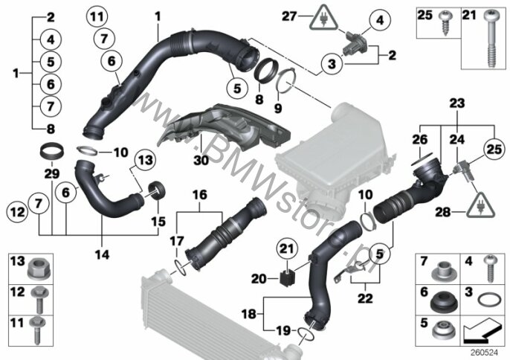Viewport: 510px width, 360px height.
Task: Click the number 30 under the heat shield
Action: coord(201,160)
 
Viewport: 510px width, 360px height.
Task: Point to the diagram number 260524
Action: coord(484,353)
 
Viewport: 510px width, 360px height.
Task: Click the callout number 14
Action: coord(102,254)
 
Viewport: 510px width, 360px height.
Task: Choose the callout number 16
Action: coord(200,195)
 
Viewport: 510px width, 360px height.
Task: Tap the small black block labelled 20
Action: coord(286,278)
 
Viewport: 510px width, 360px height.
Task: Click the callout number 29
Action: coord(52,173)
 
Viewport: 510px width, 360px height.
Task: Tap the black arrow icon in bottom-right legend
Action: coord(481,332)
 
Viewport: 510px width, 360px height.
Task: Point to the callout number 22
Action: coord(365,298)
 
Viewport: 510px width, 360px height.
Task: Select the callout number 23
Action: coord(457,103)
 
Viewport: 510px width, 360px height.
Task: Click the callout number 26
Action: coord(419,140)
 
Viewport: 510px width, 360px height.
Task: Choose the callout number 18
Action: coord(248,314)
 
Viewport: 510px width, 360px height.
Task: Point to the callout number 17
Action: coord(177,241)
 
